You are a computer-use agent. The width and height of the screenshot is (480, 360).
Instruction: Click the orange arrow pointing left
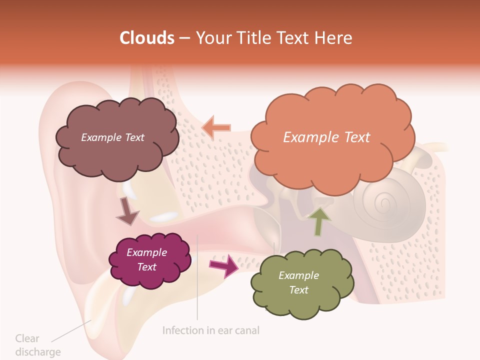pyautogui.click(x=216, y=127)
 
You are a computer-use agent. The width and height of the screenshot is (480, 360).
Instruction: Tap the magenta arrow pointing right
pyautogui.click(x=223, y=265)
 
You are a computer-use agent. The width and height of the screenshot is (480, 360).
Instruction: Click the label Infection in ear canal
pyautogui.click(x=211, y=330)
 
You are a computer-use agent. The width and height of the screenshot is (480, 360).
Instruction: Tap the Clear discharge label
pyautogui.click(x=37, y=345)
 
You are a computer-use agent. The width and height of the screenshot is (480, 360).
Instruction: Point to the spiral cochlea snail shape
pyautogui.click(x=387, y=205)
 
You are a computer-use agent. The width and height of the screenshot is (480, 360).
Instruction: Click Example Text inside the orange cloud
pyautogui.click(x=326, y=137)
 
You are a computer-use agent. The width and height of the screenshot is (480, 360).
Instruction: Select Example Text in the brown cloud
pyautogui.click(x=112, y=137)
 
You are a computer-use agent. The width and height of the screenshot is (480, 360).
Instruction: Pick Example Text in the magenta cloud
pyautogui.click(x=147, y=259)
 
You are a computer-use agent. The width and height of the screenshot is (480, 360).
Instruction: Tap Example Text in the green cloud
pyautogui.click(x=298, y=282)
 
